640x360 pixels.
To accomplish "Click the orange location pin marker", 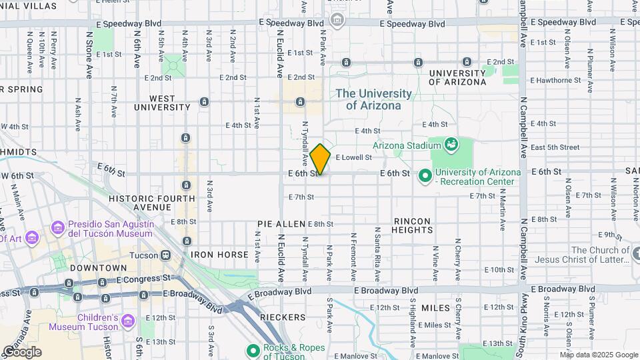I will (320, 159).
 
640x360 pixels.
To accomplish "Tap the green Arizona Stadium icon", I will (451, 145).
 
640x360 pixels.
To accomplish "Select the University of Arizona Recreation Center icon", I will (425, 177).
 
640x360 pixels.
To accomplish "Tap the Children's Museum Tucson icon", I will (128, 322).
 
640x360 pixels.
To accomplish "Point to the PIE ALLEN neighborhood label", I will (281, 224).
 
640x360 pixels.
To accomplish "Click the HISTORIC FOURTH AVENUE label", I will (152, 203).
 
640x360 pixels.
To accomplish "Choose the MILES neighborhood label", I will (435, 307).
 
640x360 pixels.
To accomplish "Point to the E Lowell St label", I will (353, 158).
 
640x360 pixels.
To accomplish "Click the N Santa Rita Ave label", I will (377, 257).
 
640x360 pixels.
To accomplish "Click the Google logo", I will (22, 351).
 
